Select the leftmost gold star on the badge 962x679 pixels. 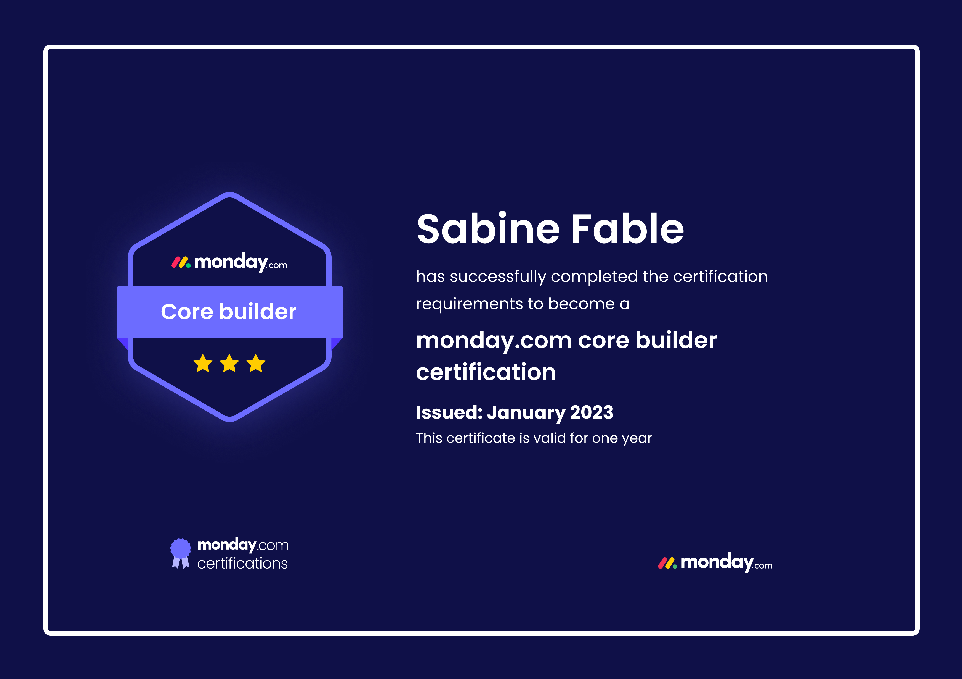(x=203, y=363)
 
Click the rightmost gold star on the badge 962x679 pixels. (x=256, y=363)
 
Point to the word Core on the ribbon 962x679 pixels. (x=187, y=312)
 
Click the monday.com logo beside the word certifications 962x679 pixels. (x=243, y=545)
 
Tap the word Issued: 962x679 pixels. (x=449, y=412)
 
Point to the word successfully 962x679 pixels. (x=498, y=277)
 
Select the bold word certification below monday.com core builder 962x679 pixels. (x=486, y=372)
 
